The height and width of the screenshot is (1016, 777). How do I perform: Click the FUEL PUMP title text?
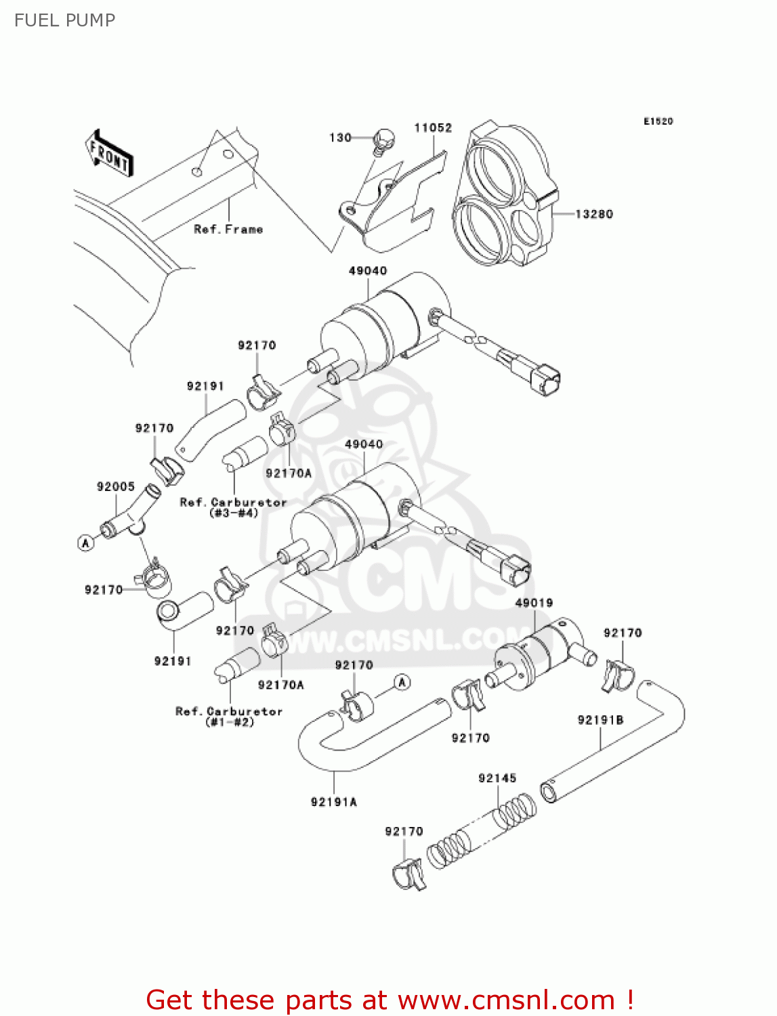(x=64, y=20)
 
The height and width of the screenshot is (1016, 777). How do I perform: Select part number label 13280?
(x=593, y=214)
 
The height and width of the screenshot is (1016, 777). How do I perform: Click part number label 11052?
(x=433, y=127)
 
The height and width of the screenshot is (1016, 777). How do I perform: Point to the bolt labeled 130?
(x=384, y=139)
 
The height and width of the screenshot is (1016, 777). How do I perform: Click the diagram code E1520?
(x=658, y=121)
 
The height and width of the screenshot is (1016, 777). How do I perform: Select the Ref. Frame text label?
(x=228, y=229)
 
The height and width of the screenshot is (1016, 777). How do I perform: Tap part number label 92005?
(x=115, y=486)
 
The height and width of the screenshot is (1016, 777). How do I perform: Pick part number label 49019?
(x=534, y=602)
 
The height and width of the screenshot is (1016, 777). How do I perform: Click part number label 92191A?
(x=333, y=802)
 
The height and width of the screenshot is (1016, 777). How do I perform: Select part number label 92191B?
(x=600, y=719)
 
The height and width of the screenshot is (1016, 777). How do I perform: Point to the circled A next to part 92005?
(x=85, y=543)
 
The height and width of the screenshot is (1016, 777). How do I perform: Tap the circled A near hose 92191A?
(x=402, y=681)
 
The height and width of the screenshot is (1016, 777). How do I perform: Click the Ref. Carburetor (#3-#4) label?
(x=233, y=507)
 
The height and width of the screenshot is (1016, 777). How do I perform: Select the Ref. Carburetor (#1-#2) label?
(x=229, y=716)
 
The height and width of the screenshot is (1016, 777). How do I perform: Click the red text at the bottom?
(x=390, y=1000)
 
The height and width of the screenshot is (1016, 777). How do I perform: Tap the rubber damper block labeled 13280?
(x=505, y=196)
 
